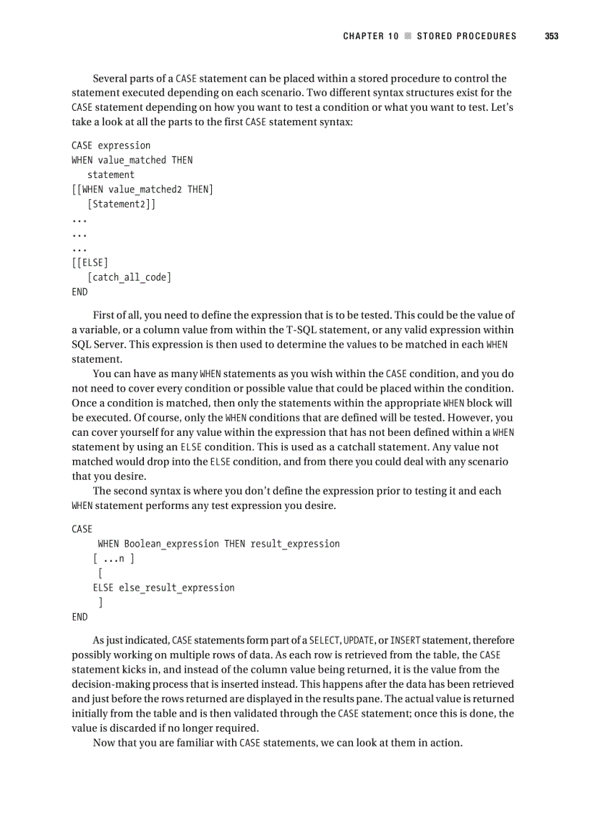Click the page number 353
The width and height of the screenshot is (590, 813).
pyautogui.click(x=551, y=36)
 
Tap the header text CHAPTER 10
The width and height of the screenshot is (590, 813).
pyautogui.click(x=371, y=36)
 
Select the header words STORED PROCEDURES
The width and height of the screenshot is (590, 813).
pyautogui.click(x=466, y=36)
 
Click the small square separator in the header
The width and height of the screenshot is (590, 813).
pyautogui.click(x=408, y=36)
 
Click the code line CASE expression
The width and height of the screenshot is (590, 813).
pyautogui.click(x=111, y=146)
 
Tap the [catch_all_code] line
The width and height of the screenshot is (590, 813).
pyautogui.click(x=129, y=277)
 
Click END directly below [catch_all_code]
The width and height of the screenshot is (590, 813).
pyautogui.click(x=80, y=292)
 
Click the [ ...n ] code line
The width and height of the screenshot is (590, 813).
pyautogui.click(x=114, y=558)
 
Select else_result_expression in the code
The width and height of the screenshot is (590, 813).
pyautogui.click(x=176, y=588)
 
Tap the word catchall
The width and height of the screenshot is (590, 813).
pyautogui.click(x=369, y=447)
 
